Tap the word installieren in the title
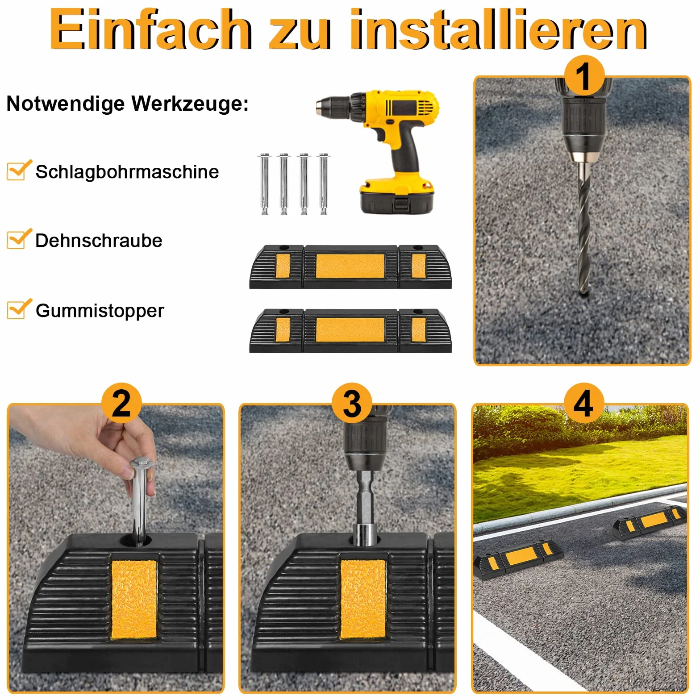(499, 29)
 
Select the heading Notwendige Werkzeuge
(128, 104)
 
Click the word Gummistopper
(100, 311)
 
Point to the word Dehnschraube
(99, 241)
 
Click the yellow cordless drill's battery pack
(397, 197)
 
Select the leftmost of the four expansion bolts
(264, 184)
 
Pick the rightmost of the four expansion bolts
(323, 184)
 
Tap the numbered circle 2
(121, 403)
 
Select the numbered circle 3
(352, 403)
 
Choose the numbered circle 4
(583, 403)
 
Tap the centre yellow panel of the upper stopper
(350, 266)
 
